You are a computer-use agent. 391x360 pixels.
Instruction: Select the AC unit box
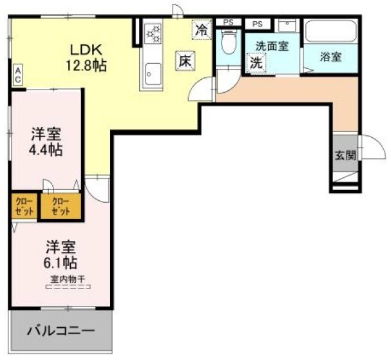coord(19,73)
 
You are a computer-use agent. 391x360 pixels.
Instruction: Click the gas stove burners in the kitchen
coord(154,34)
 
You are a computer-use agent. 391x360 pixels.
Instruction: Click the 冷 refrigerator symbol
coord(202,29)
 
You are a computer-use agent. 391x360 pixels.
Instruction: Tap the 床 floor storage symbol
coord(184,61)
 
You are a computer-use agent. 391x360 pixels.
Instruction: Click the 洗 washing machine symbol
coord(256,64)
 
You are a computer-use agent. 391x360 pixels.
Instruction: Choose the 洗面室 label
coord(271,46)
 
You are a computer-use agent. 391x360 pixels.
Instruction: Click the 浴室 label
coord(330,56)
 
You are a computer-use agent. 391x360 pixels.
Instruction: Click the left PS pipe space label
coord(227,23)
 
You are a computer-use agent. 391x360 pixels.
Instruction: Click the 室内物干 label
coord(69,279)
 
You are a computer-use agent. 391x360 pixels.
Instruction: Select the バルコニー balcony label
coord(61,331)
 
